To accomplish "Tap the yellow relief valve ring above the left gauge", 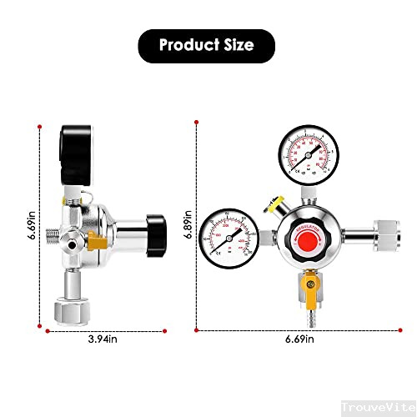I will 269,201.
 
